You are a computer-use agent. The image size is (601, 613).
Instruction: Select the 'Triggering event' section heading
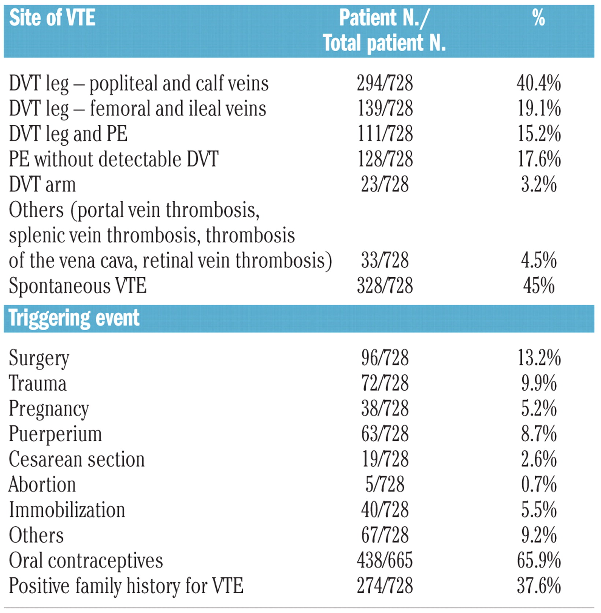pyautogui.click(x=74, y=318)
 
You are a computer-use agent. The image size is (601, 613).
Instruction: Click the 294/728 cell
pyautogui.click(x=385, y=83)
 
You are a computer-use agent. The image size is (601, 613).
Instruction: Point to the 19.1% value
pyautogui.click(x=539, y=109)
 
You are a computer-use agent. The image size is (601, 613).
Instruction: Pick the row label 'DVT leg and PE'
pyautogui.click(x=68, y=134)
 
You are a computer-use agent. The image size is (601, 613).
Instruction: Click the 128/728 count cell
pyautogui.click(x=385, y=159)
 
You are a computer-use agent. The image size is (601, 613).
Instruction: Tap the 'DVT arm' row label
pyautogui.click(x=42, y=185)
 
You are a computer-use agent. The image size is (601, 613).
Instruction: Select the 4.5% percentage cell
pyautogui.click(x=539, y=260)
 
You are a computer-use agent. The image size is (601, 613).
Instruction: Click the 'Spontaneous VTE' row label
pyautogui.click(x=78, y=286)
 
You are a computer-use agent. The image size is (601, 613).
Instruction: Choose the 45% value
pyautogui.click(x=539, y=286)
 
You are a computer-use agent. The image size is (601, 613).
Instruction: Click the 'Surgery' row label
pyautogui.click(x=39, y=358)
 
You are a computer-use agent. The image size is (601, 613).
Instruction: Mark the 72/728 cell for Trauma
pyautogui.click(x=385, y=383)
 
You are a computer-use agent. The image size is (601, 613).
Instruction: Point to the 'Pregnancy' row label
pyautogui.click(x=49, y=409)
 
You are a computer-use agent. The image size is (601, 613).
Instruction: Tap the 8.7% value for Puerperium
pyautogui.click(x=539, y=434)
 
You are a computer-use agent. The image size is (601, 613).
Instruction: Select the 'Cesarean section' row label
pyautogui.click(x=77, y=459)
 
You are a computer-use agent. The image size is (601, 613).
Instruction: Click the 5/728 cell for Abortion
pyautogui.click(x=385, y=484)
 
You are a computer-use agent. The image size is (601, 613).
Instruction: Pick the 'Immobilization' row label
pyautogui.click(x=67, y=510)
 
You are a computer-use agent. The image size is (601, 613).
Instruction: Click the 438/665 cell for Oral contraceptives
pyautogui.click(x=385, y=560)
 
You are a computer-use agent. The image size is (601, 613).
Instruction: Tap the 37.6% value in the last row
pyautogui.click(x=539, y=586)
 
